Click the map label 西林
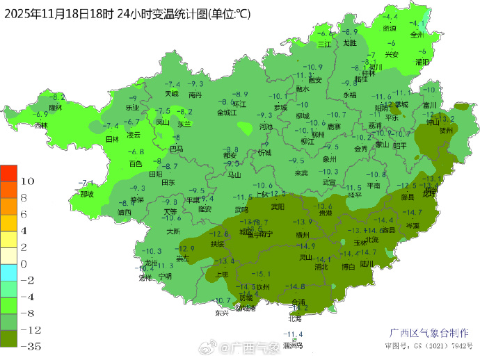41,126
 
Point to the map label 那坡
86,195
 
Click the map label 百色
136,164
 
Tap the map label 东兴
221,313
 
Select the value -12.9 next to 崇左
186,248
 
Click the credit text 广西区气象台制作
429,333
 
